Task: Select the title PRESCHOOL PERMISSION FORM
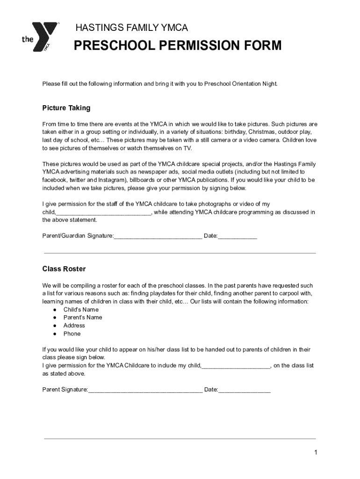tap(179, 46)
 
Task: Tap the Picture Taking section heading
tap(66, 108)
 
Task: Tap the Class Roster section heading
tap(64, 269)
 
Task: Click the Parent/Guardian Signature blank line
tap(158, 236)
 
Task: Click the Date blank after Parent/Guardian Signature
tap(238, 236)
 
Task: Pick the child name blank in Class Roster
tap(236, 366)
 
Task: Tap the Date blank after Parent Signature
tap(244, 390)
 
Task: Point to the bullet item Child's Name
tap(81, 310)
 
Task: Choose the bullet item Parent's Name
tap(83, 318)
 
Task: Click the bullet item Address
tap(74, 326)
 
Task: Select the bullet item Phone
tap(72, 334)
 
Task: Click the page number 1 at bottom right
tap(316, 452)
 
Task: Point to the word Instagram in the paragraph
tap(111, 180)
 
